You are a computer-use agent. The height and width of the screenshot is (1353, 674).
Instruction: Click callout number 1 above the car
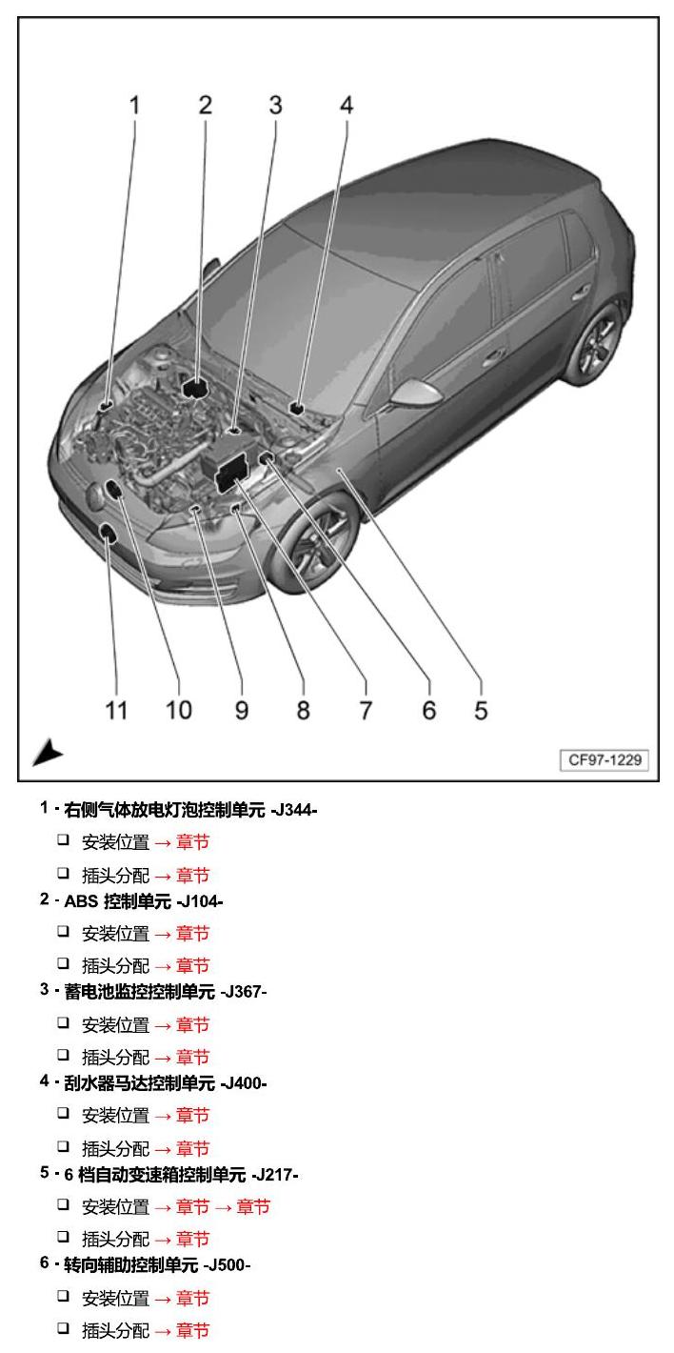(134, 105)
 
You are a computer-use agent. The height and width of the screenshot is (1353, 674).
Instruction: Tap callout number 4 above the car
(347, 105)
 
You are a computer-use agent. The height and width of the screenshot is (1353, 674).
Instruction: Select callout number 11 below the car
(116, 711)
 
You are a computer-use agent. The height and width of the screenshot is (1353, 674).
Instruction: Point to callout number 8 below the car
(304, 711)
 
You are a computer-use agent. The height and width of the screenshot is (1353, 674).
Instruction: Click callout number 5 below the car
(481, 711)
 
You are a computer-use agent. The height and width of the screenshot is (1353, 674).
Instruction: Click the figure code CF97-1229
(605, 759)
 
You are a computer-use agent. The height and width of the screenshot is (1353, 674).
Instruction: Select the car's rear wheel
(599, 343)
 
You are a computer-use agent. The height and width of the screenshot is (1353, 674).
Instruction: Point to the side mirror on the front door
(416, 393)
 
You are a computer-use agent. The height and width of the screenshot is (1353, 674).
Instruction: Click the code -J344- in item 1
(294, 809)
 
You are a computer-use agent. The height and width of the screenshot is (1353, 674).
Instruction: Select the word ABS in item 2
(81, 901)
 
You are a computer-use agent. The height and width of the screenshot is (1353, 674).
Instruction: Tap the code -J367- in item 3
(243, 992)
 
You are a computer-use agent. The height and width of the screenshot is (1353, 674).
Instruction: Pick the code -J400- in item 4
(243, 1083)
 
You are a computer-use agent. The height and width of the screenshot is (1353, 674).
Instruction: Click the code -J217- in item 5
(274, 1175)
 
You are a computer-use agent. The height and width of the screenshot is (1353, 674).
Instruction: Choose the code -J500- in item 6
(227, 1264)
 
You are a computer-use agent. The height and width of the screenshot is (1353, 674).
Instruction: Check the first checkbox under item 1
(64, 839)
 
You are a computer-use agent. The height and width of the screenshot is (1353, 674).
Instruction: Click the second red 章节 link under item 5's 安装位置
(253, 1207)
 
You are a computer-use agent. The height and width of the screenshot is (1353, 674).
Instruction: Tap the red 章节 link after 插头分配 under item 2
(192, 965)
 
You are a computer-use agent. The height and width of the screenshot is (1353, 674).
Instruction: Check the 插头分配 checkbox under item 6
(64, 1327)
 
